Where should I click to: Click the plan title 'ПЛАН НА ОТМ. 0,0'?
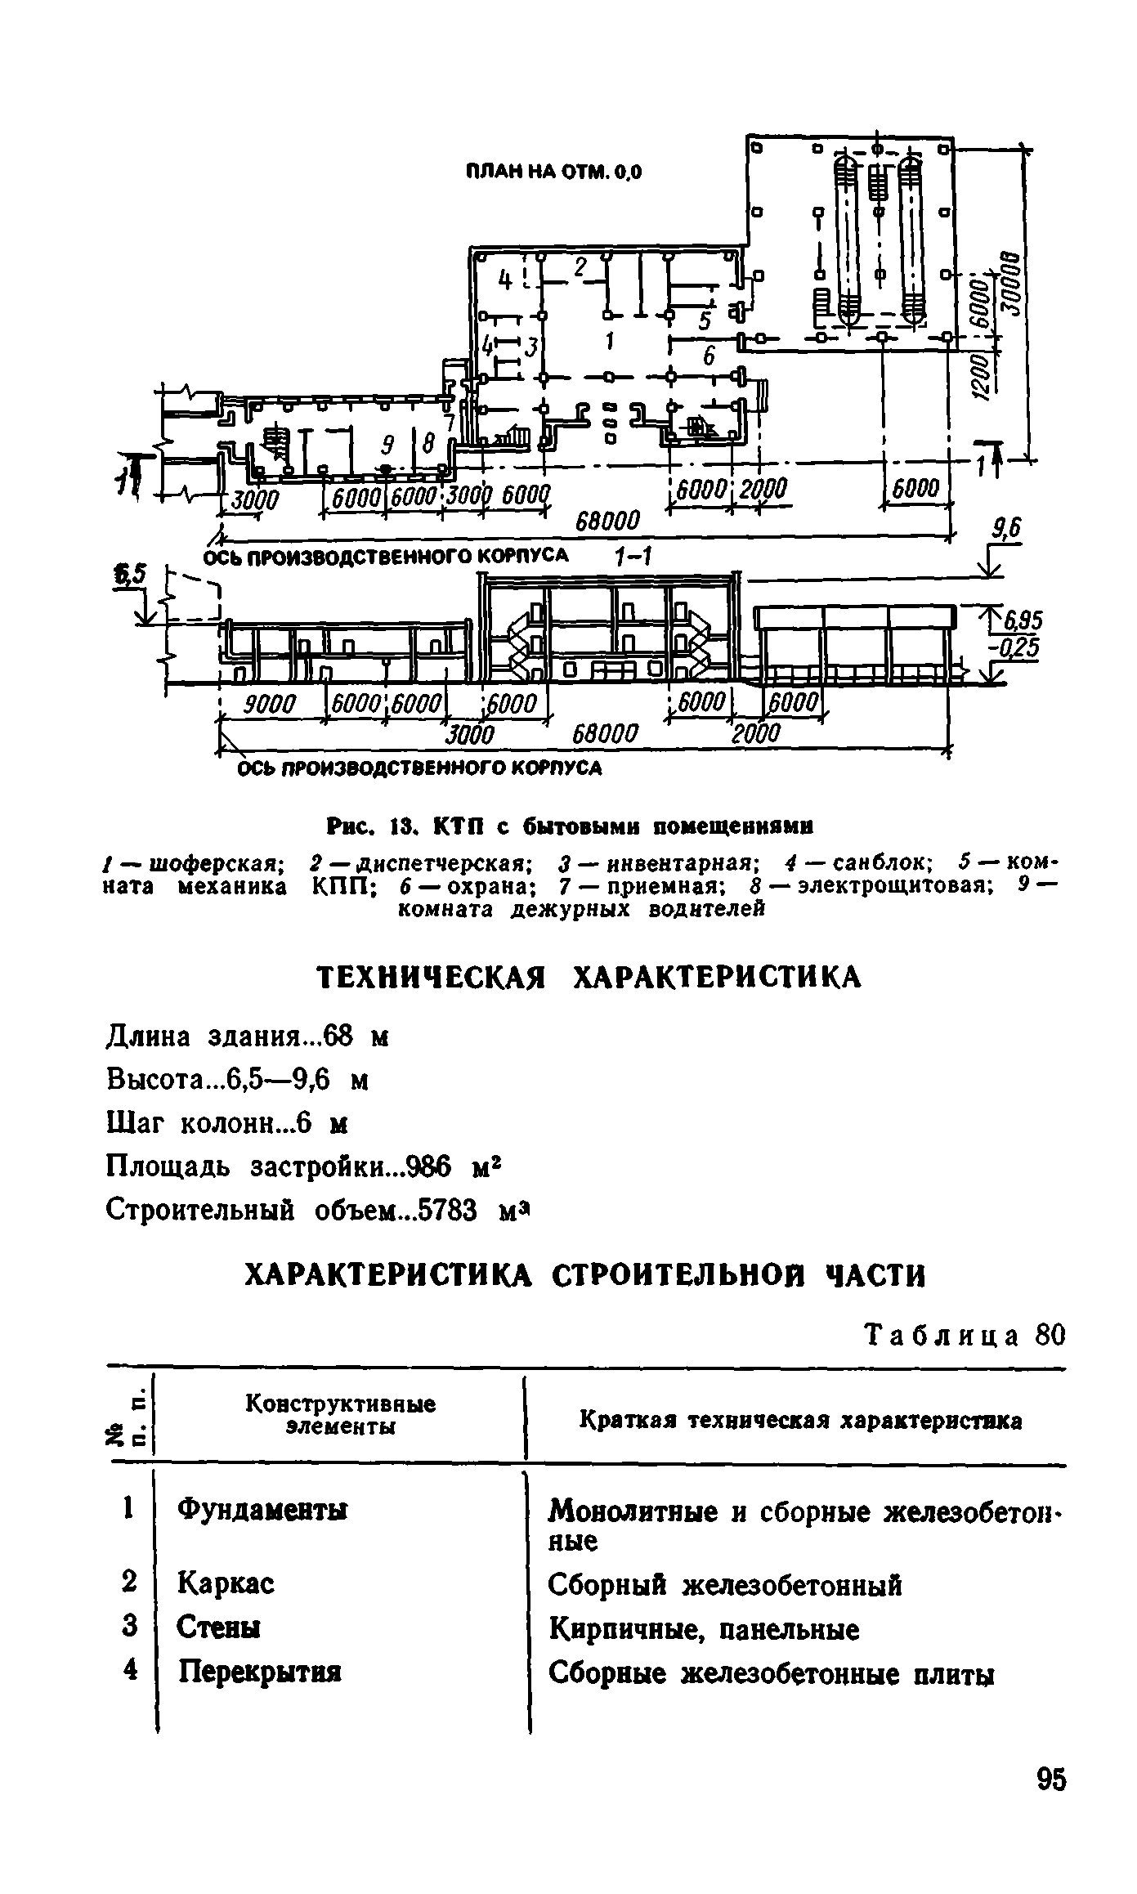point(553,171)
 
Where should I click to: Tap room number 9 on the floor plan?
point(388,445)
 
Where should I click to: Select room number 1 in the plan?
point(610,339)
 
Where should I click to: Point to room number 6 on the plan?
point(708,356)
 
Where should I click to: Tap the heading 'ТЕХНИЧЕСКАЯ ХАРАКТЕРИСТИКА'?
point(589,976)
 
